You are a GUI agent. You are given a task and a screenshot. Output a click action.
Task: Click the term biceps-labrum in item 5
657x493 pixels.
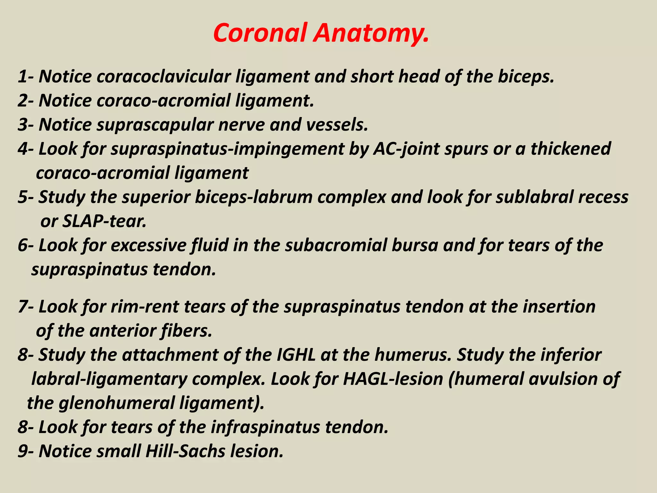[x=253, y=197]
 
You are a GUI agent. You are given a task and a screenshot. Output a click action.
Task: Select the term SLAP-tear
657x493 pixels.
[x=104, y=221]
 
